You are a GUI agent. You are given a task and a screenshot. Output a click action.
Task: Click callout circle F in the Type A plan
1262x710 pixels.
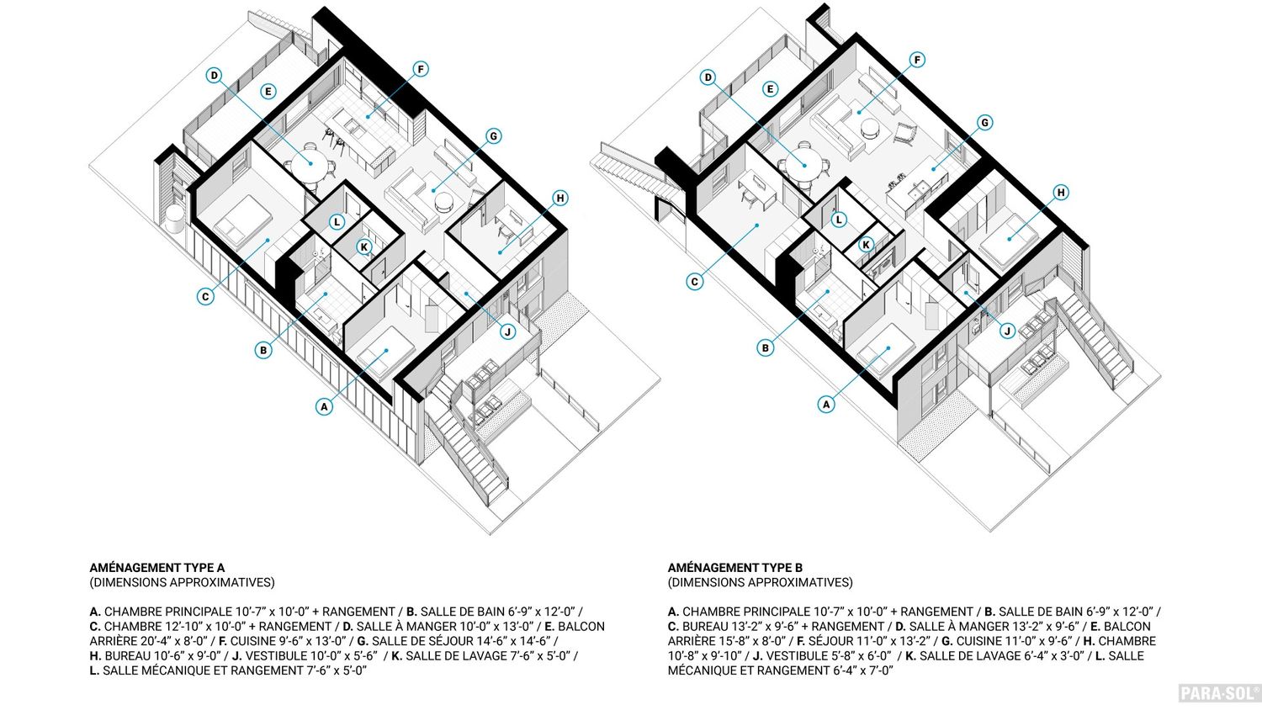[421, 69]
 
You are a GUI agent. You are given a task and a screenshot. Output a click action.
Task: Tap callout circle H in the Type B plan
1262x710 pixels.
[1061, 193]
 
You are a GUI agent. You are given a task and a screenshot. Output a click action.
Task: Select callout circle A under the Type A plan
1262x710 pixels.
[324, 406]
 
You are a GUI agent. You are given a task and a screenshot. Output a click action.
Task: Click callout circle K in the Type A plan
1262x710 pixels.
[364, 246]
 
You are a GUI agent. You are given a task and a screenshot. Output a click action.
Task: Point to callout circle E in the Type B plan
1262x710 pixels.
[770, 89]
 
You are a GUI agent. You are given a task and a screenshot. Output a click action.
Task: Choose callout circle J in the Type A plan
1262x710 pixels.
[508, 332]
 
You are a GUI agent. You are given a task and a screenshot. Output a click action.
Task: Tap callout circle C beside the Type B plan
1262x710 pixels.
[695, 282]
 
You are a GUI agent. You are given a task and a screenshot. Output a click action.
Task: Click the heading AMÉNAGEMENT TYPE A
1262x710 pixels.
[157, 568]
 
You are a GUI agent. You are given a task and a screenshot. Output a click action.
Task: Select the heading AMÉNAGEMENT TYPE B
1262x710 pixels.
[735, 568]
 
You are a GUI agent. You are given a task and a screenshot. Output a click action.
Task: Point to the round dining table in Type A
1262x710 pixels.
[310, 163]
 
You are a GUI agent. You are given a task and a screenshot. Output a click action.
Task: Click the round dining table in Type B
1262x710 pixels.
[803, 165]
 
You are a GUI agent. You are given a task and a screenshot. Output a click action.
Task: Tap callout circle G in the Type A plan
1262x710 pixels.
[493, 135]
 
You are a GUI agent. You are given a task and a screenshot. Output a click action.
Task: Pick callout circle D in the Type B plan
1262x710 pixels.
[708, 77]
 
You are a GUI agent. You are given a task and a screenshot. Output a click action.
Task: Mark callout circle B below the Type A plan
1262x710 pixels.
[263, 350]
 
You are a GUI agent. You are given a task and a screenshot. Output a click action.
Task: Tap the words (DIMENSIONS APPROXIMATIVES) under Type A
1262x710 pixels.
[182, 582]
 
